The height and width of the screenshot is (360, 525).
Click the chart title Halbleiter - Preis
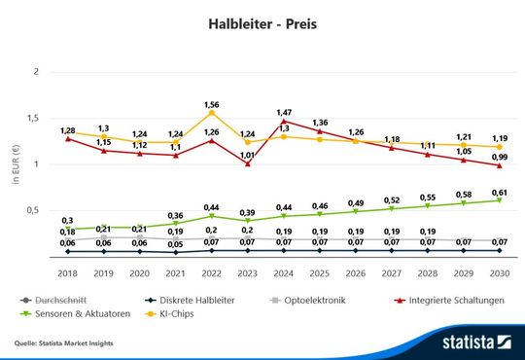click(x=262, y=21)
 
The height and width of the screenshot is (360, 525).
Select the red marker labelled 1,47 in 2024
click(x=285, y=122)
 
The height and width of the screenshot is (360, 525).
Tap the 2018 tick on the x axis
click(x=67, y=275)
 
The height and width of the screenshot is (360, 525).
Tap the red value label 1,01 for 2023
click(x=248, y=155)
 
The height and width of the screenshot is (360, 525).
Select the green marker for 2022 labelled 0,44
click(x=212, y=216)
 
